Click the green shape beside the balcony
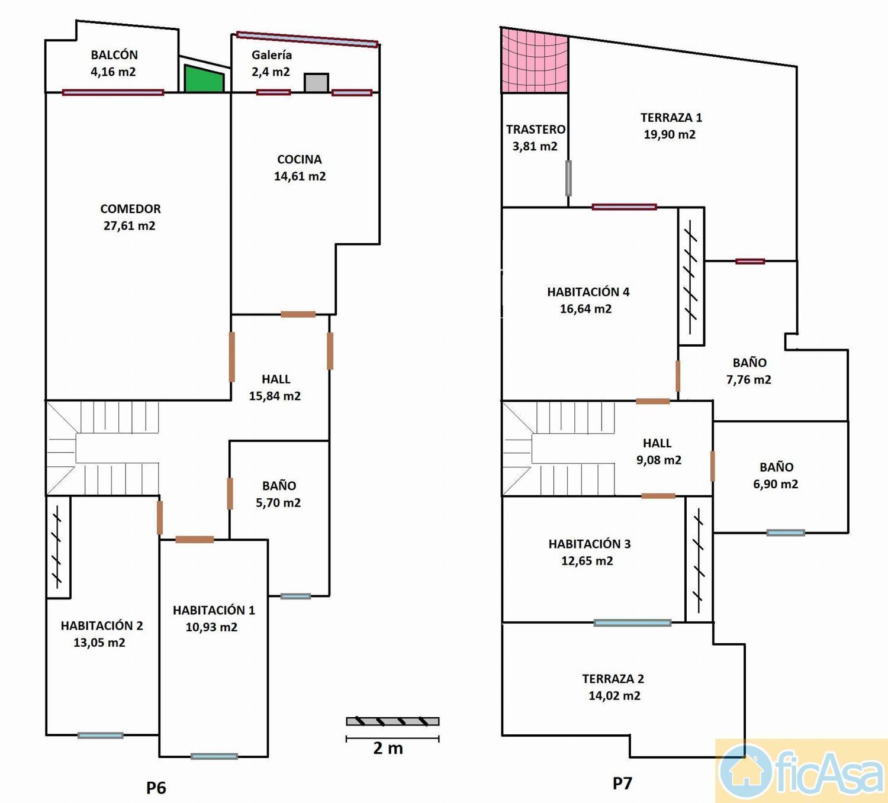[204, 80]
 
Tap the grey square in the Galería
[316, 83]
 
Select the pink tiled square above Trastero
[535, 60]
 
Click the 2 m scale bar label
[388, 747]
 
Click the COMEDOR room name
[131, 209]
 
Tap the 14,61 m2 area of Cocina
[300, 176]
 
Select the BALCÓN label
[114, 55]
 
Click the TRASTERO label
[536, 129]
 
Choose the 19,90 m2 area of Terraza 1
[670, 134]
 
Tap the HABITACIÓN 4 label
[588, 292]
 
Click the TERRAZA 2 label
[613, 679]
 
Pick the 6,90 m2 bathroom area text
[776, 484]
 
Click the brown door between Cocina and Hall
[298, 314]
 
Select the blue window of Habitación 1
[214, 756]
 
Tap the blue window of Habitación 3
[632, 623]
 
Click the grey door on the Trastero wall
[568, 178]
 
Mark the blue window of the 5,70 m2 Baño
[296, 596]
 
